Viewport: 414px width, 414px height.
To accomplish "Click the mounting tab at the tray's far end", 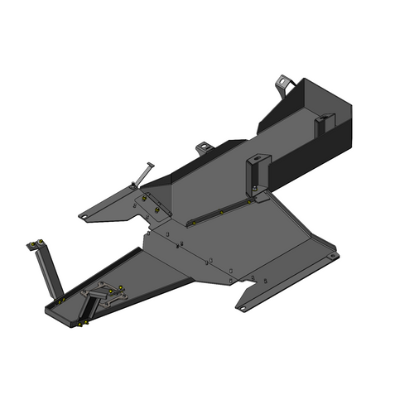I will click(x=283, y=84).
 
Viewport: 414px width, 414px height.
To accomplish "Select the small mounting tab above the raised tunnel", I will click(x=202, y=148).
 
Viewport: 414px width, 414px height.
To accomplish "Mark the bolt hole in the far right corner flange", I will click(x=331, y=257).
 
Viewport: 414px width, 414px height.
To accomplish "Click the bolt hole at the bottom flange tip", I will click(x=242, y=307).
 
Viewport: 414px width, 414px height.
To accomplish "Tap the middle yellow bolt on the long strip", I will click(x=222, y=210).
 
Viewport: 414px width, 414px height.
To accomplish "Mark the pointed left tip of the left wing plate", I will click(x=81, y=218).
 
